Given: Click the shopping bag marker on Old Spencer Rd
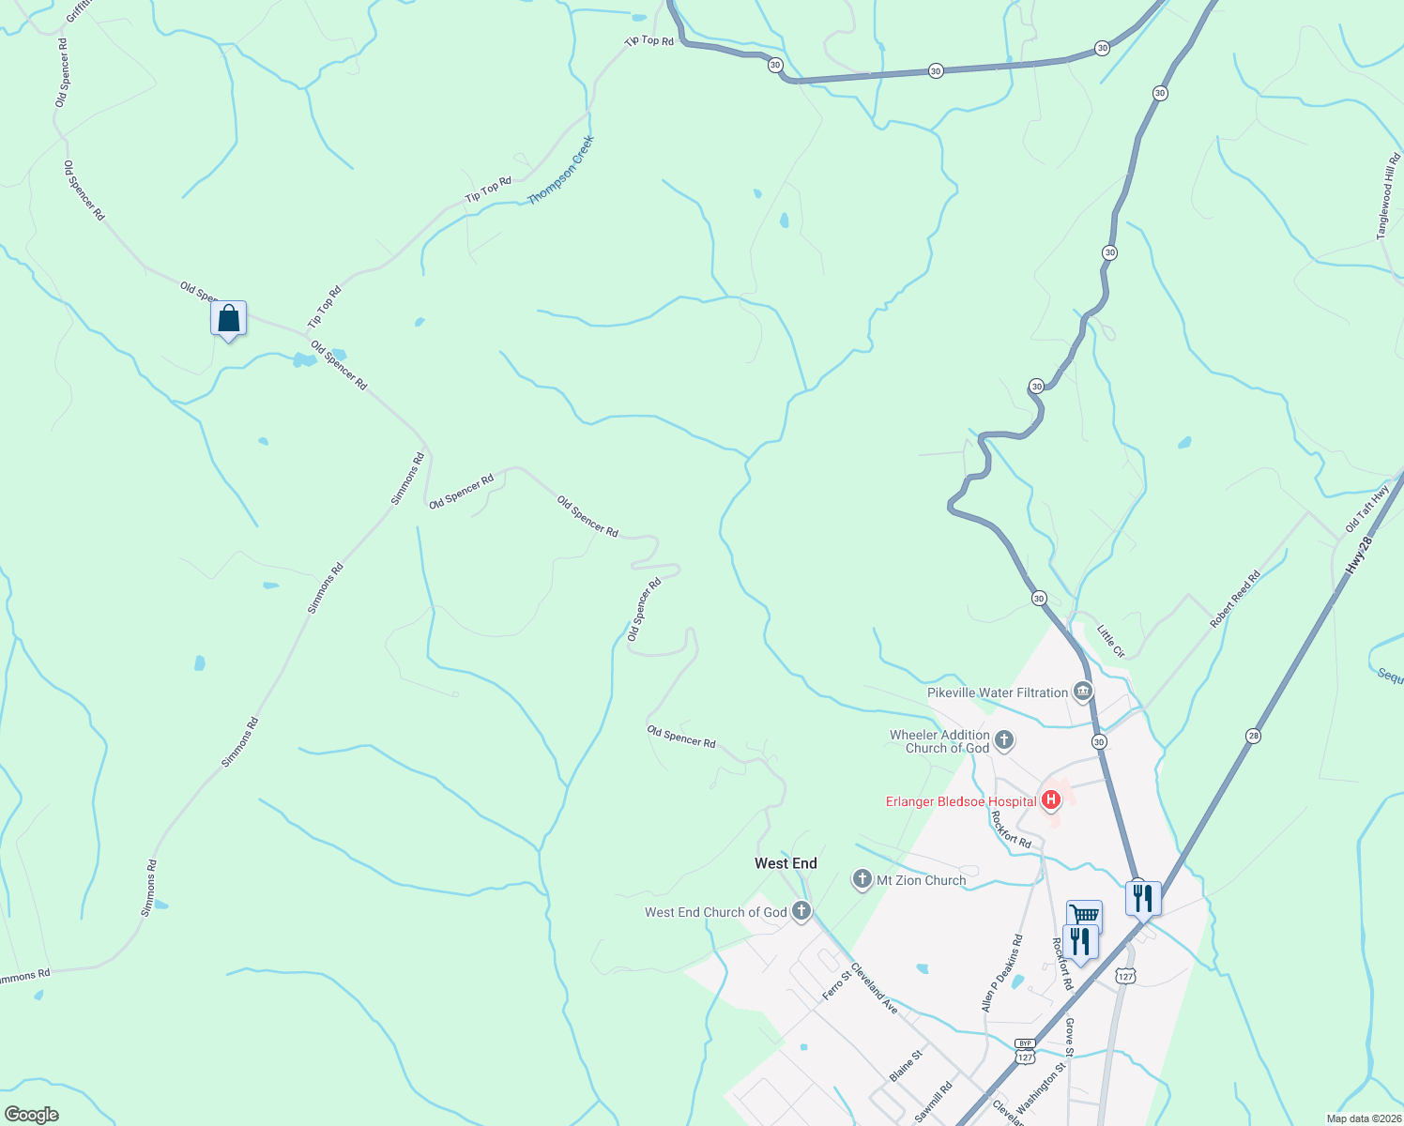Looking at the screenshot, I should tap(228, 319).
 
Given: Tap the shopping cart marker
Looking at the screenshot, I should tap(1084, 915).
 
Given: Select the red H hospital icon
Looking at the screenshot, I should tap(1051, 800).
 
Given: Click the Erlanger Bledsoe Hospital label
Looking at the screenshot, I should tap(961, 801).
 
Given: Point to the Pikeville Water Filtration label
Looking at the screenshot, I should tap(998, 692).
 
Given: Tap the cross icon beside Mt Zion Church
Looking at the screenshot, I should tap(862, 879).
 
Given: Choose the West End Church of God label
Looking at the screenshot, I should tap(716, 912).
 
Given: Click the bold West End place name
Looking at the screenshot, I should tap(786, 863).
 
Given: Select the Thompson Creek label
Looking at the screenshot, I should tap(561, 171).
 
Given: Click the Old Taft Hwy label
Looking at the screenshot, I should tap(1366, 510).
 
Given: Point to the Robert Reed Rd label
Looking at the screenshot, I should tap(1235, 600).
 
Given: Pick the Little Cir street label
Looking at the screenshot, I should tap(1110, 641).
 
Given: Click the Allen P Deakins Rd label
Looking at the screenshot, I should tap(1001, 973).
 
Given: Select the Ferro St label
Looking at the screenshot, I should tap(836, 985).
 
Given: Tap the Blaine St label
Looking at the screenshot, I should tap(906, 1065).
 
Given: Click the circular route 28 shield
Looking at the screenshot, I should tap(1253, 735).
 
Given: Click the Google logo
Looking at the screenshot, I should tap(31, 1115).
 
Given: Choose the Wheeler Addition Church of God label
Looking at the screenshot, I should tap(939, 741).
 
